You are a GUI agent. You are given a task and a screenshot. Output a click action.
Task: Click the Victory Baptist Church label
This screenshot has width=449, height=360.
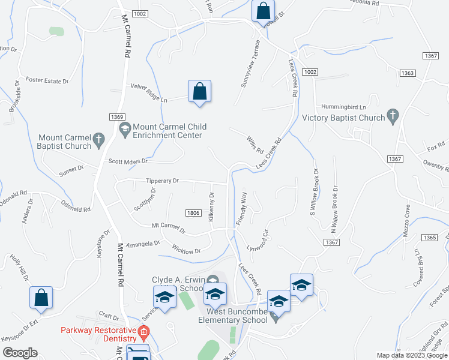(x=343, y=118)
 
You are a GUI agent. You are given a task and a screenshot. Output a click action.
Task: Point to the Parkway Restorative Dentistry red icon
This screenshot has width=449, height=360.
(x=143, y=331)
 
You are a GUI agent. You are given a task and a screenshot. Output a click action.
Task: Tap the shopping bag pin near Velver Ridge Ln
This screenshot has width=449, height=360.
(x=200, y=92)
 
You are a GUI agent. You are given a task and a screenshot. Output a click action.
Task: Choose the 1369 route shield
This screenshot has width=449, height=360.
(x=117, y=116)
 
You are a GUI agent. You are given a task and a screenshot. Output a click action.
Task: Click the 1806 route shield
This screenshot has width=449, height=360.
(x=193, y=213)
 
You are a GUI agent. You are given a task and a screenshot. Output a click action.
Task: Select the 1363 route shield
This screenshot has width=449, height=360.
(x=407, y=73)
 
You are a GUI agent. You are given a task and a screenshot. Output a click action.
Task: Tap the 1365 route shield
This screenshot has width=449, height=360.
(x=429, y=238)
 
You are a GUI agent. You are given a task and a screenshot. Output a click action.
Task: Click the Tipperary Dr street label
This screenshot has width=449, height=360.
(x=162, y=180)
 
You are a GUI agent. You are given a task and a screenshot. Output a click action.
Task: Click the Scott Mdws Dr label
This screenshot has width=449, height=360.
(x=128, y=161)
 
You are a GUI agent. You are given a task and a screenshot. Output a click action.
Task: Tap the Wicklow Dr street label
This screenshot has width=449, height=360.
(x=186, y=250)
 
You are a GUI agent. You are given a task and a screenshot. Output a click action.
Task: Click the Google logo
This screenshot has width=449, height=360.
(x=20, y=353)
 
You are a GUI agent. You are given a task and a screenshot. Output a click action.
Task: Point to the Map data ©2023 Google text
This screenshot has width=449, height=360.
(x=411, y=355)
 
